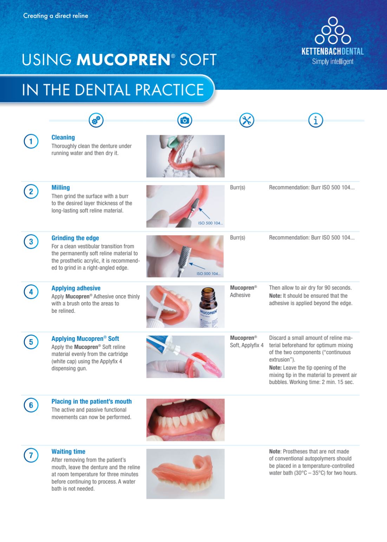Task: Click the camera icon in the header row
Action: [185, 120]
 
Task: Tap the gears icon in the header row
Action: [96, 120]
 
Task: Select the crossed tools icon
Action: [247, 120]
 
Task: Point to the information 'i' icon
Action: [316, 120]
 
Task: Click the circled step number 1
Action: [31, 141]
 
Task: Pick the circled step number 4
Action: [31, 292]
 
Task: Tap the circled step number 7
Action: [31, 455]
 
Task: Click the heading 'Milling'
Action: [60, 187]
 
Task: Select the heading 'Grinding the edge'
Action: [75, 238]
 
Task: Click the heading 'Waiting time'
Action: [68, 451]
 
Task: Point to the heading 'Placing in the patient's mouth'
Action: [92, 402]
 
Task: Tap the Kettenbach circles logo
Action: [333, 31]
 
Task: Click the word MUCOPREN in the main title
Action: [124, 60]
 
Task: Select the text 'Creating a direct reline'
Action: [56, 16]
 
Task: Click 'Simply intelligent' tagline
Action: [333, 61]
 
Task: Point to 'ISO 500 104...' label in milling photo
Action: [210, 223]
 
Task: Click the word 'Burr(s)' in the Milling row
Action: [237, 187]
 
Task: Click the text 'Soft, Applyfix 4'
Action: [247, 345]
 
